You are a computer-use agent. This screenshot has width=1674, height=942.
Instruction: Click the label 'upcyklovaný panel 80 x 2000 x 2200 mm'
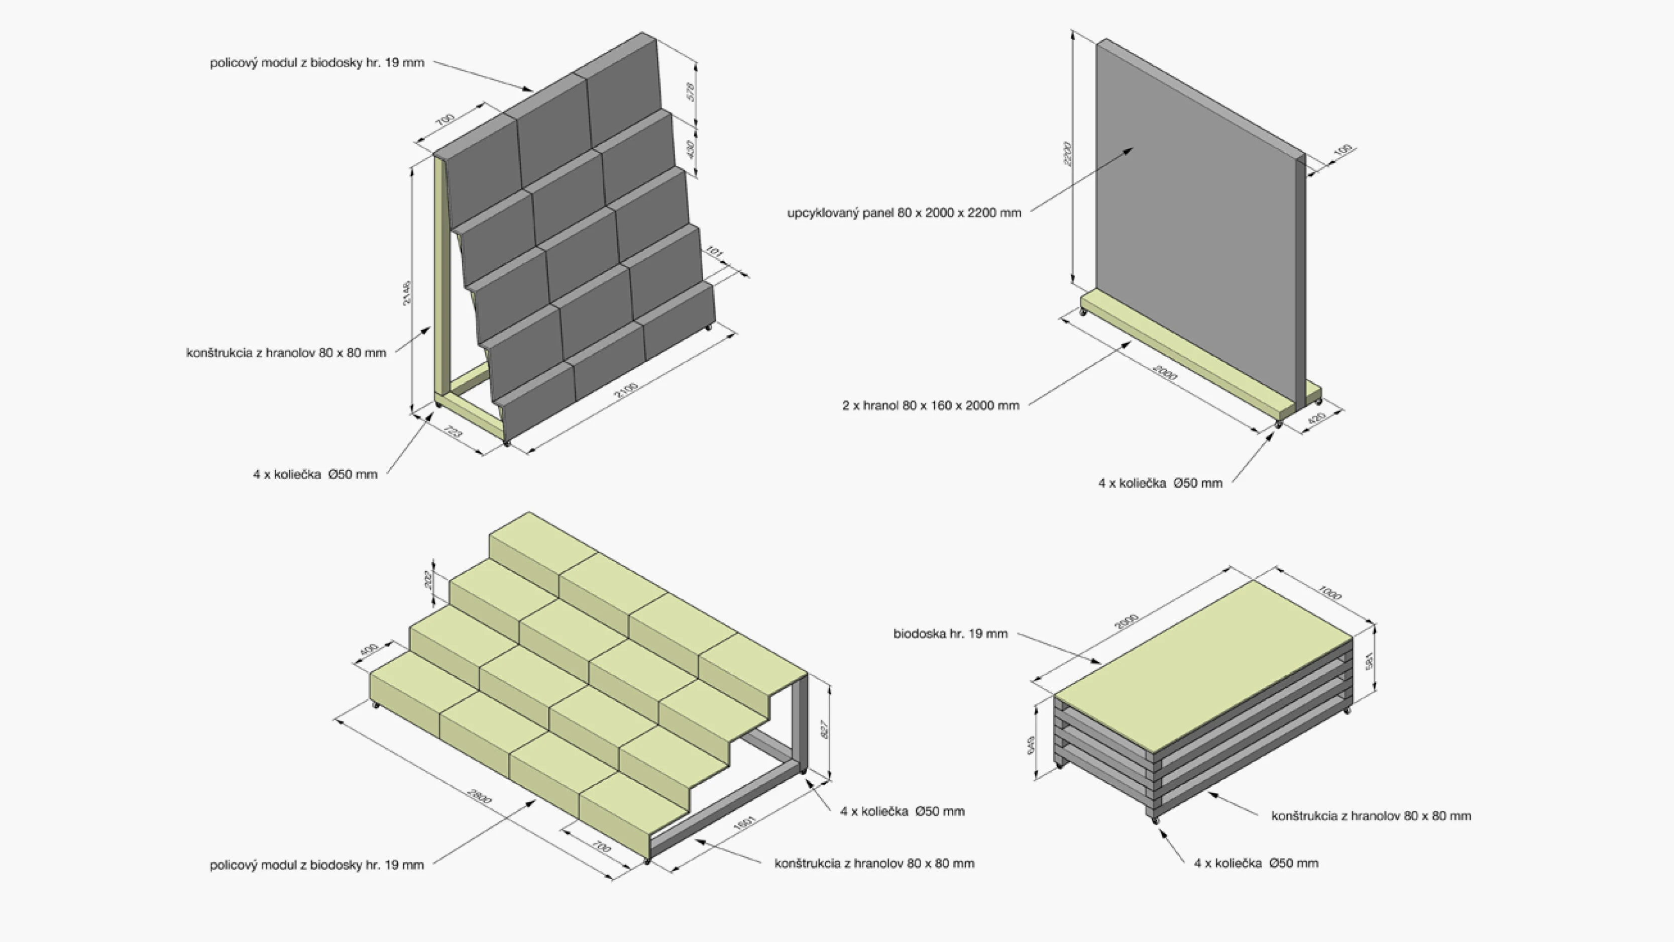904,213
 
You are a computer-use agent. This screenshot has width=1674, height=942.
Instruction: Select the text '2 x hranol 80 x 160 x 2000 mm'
931,405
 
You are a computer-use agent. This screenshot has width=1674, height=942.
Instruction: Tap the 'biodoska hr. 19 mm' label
950,633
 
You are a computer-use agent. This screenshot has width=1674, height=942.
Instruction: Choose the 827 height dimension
825,729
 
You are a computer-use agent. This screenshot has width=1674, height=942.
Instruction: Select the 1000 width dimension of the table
1329,593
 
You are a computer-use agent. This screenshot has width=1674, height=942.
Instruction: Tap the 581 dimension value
1369,662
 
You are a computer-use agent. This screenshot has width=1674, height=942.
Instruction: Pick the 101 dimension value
714,252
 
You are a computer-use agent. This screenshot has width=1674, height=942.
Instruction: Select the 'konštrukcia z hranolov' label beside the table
1371,816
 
